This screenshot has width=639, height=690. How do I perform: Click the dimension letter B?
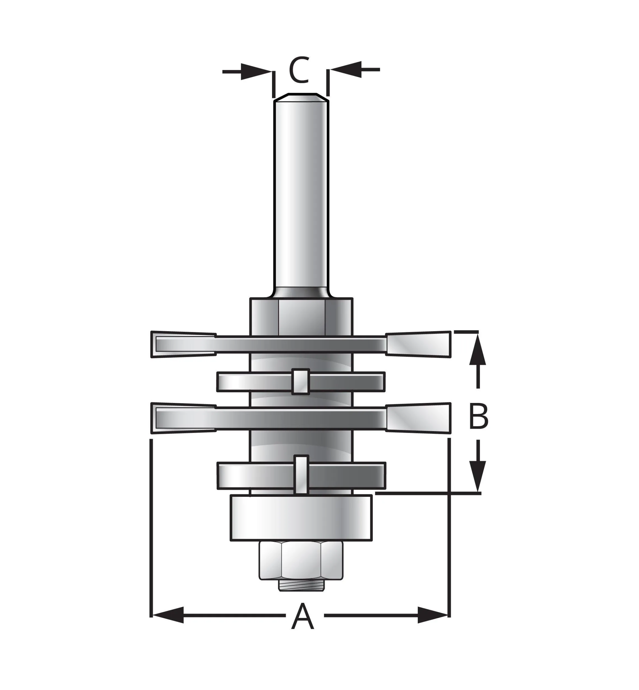[x=478, y=416]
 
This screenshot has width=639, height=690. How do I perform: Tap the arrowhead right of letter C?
[x=346, y=70]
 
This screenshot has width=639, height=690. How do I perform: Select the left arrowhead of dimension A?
[x=168, y=615]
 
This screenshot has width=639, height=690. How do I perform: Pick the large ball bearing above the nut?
[x=301, y=518]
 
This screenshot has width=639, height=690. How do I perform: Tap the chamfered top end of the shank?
[x=301, y=97]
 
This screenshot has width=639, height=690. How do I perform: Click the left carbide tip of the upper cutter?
[x=183, y=344]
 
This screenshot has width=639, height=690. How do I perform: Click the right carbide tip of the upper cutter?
[x=418, y=344]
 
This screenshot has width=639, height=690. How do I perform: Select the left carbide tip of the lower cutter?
[x=183, y=418]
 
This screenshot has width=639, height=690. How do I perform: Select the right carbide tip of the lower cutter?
[x=418, y=418]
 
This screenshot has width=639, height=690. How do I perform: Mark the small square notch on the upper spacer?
[x=300, y=382]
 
